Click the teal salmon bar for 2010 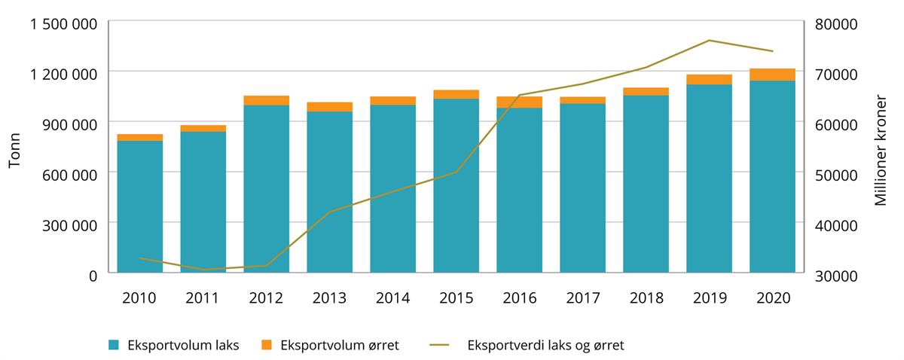[139, 206]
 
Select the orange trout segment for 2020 [772, 75]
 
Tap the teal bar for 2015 [456, 185]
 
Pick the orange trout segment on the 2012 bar [266, 100]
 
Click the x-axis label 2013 [329, 298]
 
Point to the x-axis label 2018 [646, 298]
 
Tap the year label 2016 [519, 298]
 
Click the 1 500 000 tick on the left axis [63, 23]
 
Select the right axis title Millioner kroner [881, 148]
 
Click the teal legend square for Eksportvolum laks [113, 345]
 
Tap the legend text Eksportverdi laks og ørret [545, 346]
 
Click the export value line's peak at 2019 [709, 41]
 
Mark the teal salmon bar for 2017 [582, 188]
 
